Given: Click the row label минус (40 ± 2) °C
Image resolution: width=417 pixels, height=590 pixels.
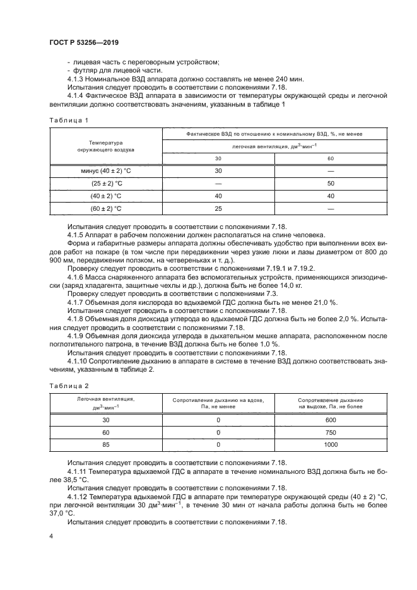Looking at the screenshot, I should click(x=106, y=171).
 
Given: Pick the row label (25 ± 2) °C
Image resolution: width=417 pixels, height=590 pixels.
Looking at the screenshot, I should click(x=106, y=183).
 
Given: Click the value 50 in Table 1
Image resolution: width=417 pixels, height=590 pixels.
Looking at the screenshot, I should click(x=330, y=183).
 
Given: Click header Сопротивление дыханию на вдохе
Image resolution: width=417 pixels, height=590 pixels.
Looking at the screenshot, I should click(x=218, y=404).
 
